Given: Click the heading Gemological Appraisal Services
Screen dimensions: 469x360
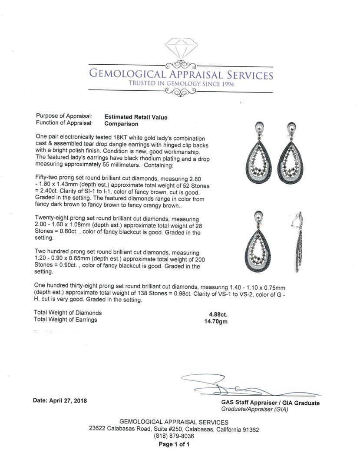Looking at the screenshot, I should (181, 75).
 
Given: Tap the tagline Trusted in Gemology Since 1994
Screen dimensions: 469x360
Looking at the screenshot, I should (181, 84).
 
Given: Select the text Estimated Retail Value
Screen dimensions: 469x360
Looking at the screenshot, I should (135, 117).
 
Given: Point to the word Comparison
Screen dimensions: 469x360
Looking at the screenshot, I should (121, 124).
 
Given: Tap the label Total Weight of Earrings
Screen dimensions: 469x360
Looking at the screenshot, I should (66, 320).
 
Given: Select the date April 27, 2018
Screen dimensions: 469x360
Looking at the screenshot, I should (60, 400).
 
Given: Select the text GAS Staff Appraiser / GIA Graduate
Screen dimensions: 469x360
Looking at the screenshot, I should (270, 403).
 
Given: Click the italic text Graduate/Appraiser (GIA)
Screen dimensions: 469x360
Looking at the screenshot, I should (254, 410).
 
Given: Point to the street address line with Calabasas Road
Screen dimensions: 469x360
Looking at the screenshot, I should (174, 429).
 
